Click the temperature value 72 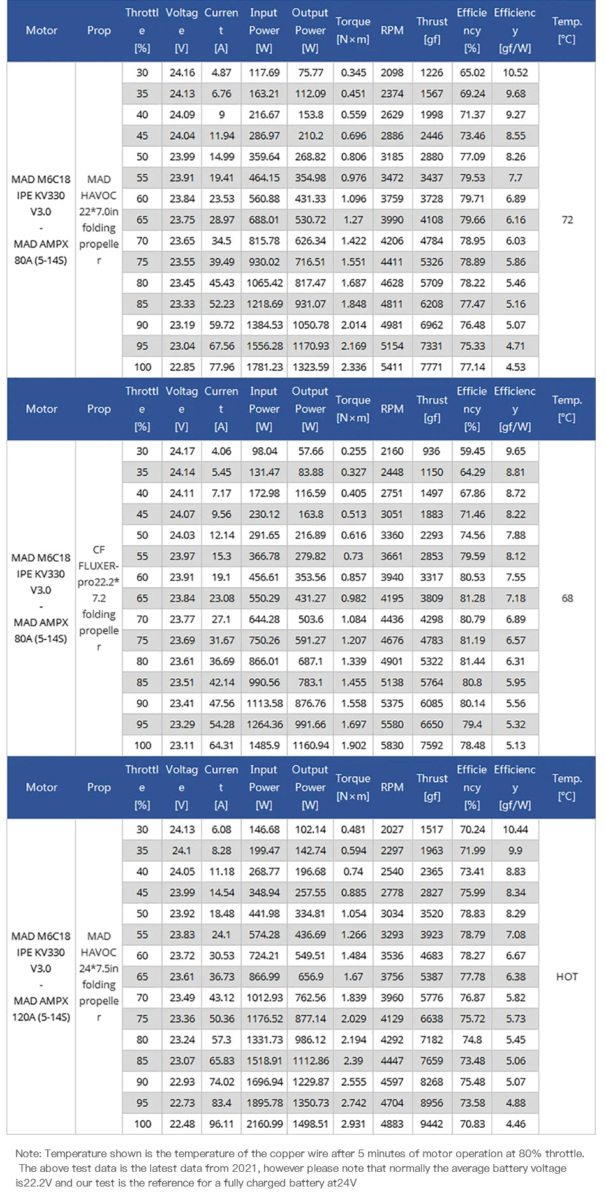[566, 220]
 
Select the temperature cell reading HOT [566, 977]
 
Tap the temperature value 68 [566, 598]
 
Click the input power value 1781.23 [264, 367]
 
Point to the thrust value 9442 [431, 1124]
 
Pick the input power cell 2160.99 [264, 1124]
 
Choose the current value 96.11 [221, 1124]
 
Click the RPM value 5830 [392, 745]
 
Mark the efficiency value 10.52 [515, 73]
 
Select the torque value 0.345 [353, 73]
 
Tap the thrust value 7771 [431, 367]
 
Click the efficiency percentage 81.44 [472, 661]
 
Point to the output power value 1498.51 [310, 1124]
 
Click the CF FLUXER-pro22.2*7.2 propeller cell [99, 598]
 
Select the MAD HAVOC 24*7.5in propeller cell [99, 977]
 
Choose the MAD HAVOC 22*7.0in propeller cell [99, 220]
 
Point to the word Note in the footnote [27, 1153]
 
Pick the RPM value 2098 [392, 73]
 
